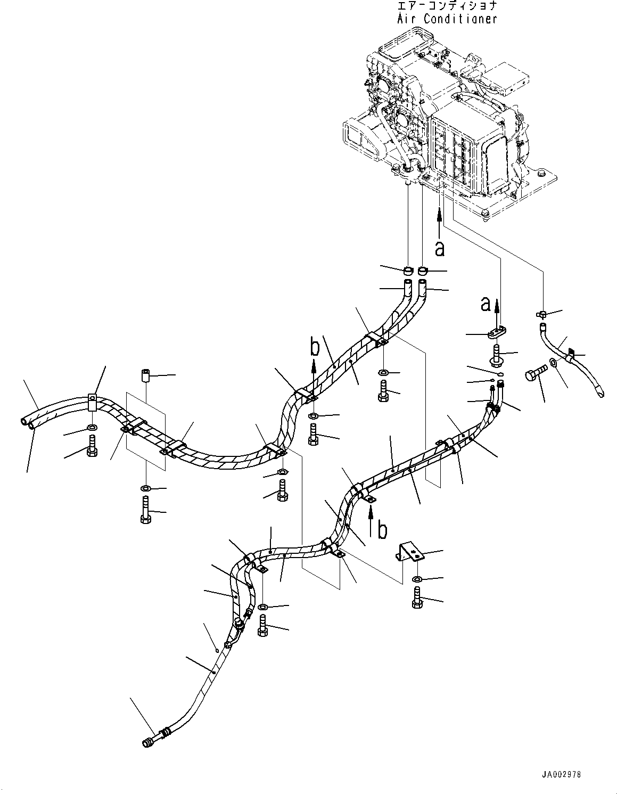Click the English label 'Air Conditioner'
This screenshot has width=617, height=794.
pyautogui.click(x=447, y=19)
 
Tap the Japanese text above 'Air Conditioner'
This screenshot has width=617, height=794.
pyautogui.click(x=447, y=6)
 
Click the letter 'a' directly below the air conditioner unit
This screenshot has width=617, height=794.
pyautogui.click(x=440, y=248)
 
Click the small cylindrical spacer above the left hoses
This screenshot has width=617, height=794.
pyautogui.click(x=145, y=376)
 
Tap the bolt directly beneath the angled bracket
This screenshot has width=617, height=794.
pyautogui.click(x=417, y=598)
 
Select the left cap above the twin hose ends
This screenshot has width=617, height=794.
pyautogui.click(x=407, y=272)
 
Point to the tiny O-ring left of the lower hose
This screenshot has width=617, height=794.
pyautogui.click(x=215, y=649)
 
